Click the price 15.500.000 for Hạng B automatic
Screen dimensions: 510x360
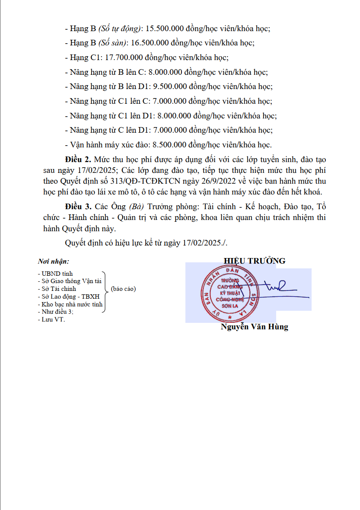(165, 29)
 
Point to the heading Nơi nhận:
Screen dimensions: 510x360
(54, 262)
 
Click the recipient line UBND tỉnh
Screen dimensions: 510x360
(56, 274)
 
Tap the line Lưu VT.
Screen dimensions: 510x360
(51, 319)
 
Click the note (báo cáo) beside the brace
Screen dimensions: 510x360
(123, 289)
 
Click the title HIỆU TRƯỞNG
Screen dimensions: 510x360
(255, 261)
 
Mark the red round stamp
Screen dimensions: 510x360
(230, 294)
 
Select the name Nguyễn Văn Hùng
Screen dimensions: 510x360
(254, 327)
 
